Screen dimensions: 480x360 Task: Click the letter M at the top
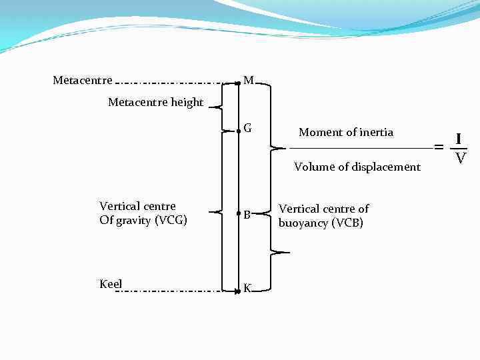click(x=249, y=81)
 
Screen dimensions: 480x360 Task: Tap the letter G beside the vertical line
click(x=247, y=128)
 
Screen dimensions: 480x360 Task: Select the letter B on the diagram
click(x=247, y=215)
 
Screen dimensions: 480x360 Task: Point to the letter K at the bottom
click(x=247, y=288)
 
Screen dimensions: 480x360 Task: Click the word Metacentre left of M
click(x=83, y=81)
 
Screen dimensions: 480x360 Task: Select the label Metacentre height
click(x=155, y=103)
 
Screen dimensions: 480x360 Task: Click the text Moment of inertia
click(x=346, y=133)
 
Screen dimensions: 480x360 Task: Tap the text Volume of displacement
click(x=357, y=167)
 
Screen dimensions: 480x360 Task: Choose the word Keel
click(x=111, y=284)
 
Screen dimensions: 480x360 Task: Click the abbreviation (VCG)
click(x=171, y=221)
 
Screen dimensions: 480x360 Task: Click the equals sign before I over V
click(x=439, y=146)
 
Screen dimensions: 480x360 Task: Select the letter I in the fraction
click(x=459, y=139)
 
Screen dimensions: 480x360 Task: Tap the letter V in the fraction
click(x=459, y=158)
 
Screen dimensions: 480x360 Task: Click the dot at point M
click(x=238, y=83)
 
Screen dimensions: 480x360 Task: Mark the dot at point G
click(x=239, y=131)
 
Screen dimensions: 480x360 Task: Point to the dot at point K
click(x=238, y=291)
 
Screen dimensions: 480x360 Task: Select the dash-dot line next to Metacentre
click(x=173, y=83)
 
